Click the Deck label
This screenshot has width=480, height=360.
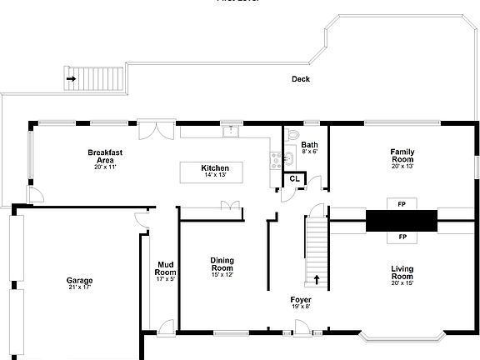tap(301, 79)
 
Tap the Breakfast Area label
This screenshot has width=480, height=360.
tap(105, 156)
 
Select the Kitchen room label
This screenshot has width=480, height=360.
tap(215, 168)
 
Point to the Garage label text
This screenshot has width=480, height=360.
tap(80, 281)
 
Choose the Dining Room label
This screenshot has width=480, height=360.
tap(222, 264)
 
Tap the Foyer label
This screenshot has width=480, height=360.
tap(301, 299)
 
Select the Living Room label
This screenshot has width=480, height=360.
tap(402, 272)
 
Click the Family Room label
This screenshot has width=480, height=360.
tap(402, 155)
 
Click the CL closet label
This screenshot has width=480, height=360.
tap(295, 178)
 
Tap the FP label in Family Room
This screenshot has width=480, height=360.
tap(402, 203)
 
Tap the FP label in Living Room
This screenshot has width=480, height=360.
tap(402, 237)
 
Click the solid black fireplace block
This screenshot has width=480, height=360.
tap(402, 220)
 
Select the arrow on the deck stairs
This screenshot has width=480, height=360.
tap(71, 80)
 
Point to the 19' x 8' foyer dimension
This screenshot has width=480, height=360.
tap(301, 307)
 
